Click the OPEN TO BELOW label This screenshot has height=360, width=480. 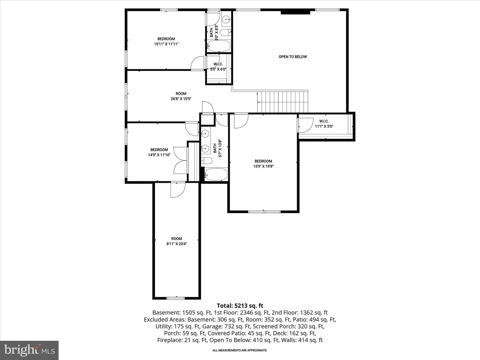tap(293, 57)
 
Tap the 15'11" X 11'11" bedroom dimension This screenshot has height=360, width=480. tap(166, 44)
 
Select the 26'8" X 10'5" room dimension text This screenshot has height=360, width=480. tap(181, 99)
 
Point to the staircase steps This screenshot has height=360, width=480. tap(283, 102)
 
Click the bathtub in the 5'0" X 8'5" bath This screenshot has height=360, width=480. tap(219, 46)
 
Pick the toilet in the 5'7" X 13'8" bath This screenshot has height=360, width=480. tap(206, 161)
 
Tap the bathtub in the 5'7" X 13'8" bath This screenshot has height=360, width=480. tap(216, 174)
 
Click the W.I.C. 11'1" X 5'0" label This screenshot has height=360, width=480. tap(324, 124)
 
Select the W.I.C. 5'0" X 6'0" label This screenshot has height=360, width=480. tap(218, 67)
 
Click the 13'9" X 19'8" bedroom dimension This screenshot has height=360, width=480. tap(263, 166)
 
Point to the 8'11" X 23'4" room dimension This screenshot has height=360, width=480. tap(176, 244)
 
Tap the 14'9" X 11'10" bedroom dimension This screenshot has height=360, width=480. tap(159, 155)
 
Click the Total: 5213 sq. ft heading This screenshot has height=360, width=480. tap(240, 306)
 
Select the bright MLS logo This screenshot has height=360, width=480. tap(29, 350)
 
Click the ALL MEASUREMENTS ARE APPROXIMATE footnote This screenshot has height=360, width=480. tap(240, 350)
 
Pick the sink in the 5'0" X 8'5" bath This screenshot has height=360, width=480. tap(226, 19)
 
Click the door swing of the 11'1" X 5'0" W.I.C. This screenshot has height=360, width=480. tap(306, 125)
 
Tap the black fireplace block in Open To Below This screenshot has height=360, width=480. tap(295, 12)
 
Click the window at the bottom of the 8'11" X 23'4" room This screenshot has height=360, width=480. tap(175, 298)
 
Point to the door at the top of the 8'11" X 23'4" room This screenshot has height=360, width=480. tap(178, 190)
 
